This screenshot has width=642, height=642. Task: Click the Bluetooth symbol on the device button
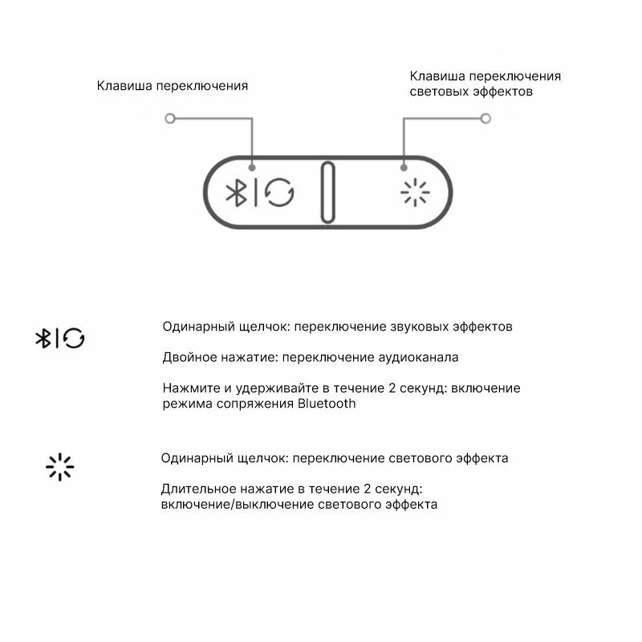pyautogui.click(x=235, y=193)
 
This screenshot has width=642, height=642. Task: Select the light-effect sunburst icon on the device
pyautogui.click(x=415, y=193)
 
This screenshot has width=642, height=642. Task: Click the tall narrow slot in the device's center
pyautogui.click(x=327, y=193)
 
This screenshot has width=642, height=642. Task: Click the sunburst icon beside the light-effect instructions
pyautogui.click(x=59, y=466)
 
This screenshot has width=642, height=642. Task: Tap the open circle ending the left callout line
pyautogui.click(x=169, y=119)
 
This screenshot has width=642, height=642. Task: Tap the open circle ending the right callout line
pyautogui.click(x=486, y=119)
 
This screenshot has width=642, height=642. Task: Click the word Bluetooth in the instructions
pyautogui.click(x=327, y=404)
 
